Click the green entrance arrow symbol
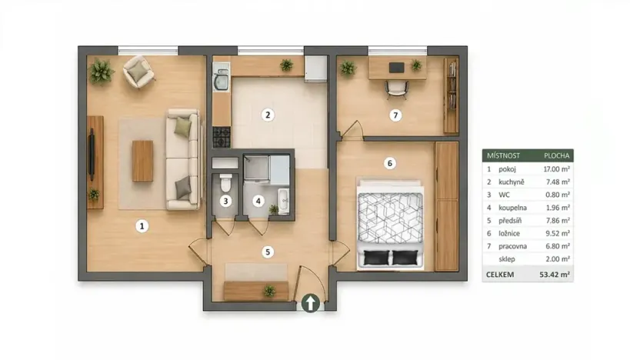pyautogui.click(x=309, y=303)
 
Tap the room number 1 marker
pyautogui.click(x=142, y=226)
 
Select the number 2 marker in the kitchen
pyautogui.click(x=268, y=115)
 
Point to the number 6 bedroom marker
pyautogui.click(x=390, y=162)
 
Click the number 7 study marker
pyautogui.click(x=395, y=115)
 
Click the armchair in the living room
pyautogui.click(x=139, y=71)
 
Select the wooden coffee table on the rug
pyautogui.click(x=143, y=161)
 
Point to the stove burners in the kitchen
pyautogui.click(x=222, y=138)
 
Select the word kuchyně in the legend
pyautogui.click(x=512, y=182)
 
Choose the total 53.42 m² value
pyautogui.click(x=554, y=273)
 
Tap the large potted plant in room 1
pyautogui.click(x=101, y=72)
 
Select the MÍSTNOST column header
pyautogui.click(x=502, y=155)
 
